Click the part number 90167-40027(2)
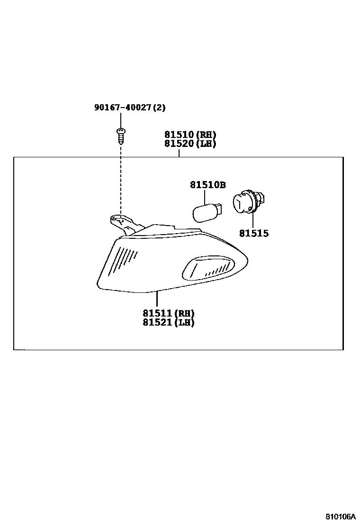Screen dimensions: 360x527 click(130, 108)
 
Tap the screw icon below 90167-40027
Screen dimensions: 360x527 click(121, 136)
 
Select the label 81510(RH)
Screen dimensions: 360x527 click(190, 135)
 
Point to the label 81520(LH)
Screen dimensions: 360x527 click(190, 144)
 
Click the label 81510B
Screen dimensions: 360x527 click(208, 185)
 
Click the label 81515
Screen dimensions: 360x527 click(253, 233)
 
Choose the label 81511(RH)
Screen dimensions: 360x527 click(169, 313)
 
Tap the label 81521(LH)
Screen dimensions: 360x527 click(169, 322)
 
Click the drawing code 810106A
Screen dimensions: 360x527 click(340, 516)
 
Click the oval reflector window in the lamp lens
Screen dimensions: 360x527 click(208, 269)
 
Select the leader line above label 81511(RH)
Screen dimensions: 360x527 click(157, 299)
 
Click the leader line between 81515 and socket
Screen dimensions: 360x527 click(253, 221)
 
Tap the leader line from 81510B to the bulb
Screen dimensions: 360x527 click(205, 196)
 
